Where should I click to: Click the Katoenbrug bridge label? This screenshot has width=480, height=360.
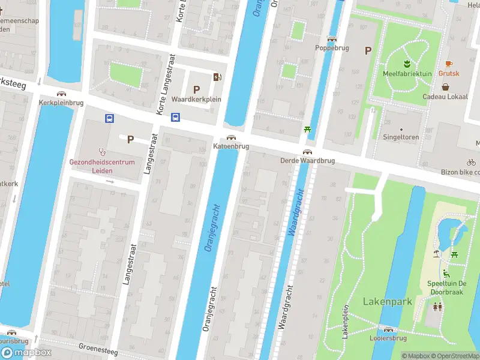(231, 146)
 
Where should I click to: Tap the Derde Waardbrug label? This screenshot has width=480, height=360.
(307, 161)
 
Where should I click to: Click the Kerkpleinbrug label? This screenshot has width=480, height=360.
(61, 103)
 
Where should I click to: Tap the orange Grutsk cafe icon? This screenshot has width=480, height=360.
(448, 64)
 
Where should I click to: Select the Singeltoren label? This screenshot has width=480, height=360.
(401, 137)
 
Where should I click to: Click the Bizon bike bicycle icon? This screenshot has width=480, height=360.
(471, 162)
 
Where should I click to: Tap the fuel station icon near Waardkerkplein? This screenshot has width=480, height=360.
(217, 77)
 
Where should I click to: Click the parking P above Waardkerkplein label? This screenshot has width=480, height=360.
(196, 89)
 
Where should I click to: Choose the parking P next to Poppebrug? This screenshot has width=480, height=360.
(368, 51)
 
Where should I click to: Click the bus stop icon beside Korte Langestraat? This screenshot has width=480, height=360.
(175, 118)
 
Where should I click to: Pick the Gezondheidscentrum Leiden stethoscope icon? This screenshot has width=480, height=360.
(103, 152)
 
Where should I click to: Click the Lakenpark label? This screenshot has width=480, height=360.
(387, 301)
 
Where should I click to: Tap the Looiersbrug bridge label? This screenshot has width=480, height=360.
(388, 338)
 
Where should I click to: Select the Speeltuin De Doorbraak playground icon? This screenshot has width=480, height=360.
(446, 274)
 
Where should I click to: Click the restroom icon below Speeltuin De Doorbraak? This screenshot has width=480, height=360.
(438, 307)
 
